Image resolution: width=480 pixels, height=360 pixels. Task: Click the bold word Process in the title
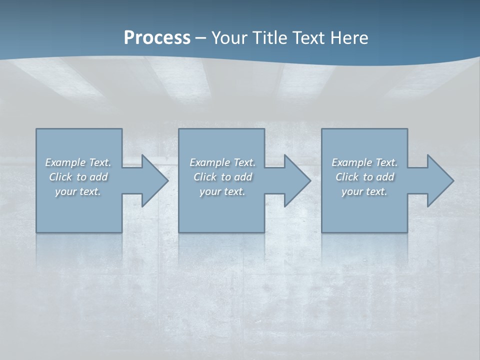[x=157, y=38]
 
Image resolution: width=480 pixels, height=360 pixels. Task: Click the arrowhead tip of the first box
[x=167, y=180]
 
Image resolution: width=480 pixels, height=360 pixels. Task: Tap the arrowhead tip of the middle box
[x=310, y=180]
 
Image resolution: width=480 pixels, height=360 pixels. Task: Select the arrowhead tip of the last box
[x=453, y=180]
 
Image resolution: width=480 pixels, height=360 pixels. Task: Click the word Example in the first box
[x=65, y=162]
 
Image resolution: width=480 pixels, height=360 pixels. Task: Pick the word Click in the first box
[x=60, y=177]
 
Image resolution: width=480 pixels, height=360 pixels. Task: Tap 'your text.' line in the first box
[x=78, y=191]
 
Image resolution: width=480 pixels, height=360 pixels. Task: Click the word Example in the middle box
[x=209, y=162]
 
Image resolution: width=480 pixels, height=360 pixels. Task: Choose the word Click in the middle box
[x=205, y=177]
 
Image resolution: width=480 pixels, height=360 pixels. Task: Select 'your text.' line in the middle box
[x=222, y=191]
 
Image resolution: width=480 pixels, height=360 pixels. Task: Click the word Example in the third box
[x=351, y=162]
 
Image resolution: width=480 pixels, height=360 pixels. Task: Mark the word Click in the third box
[x=347, y=177]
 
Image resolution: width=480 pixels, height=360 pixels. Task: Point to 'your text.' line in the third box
[x=364, y=191]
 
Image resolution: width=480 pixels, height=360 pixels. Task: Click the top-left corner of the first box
[x=36, y=129]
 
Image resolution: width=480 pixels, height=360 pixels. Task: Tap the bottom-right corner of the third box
[x=407, y=232]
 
